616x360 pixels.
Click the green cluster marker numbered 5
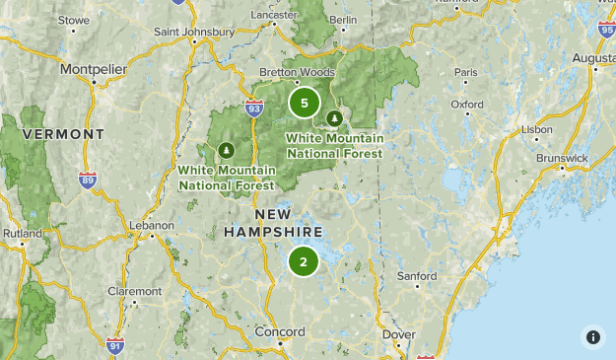coord(304,102)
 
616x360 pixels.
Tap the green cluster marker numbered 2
coord(304,261)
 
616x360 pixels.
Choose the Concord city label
coord(280,332)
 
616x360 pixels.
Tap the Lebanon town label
coord(152,225)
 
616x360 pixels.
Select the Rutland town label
coord(22,233)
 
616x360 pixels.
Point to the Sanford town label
coord(417,277)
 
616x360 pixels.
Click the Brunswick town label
coord(562,158)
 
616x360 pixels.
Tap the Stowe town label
coord(73,20)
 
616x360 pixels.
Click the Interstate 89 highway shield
coord(88,180)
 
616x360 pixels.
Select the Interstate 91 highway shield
coord(115,345)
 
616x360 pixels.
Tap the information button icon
coord(593,337)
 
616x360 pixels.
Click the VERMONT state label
coord(63,133)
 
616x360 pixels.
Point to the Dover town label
coord(398,334)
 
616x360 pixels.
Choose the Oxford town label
coord(467,104)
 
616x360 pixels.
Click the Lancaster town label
coord(275,16)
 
